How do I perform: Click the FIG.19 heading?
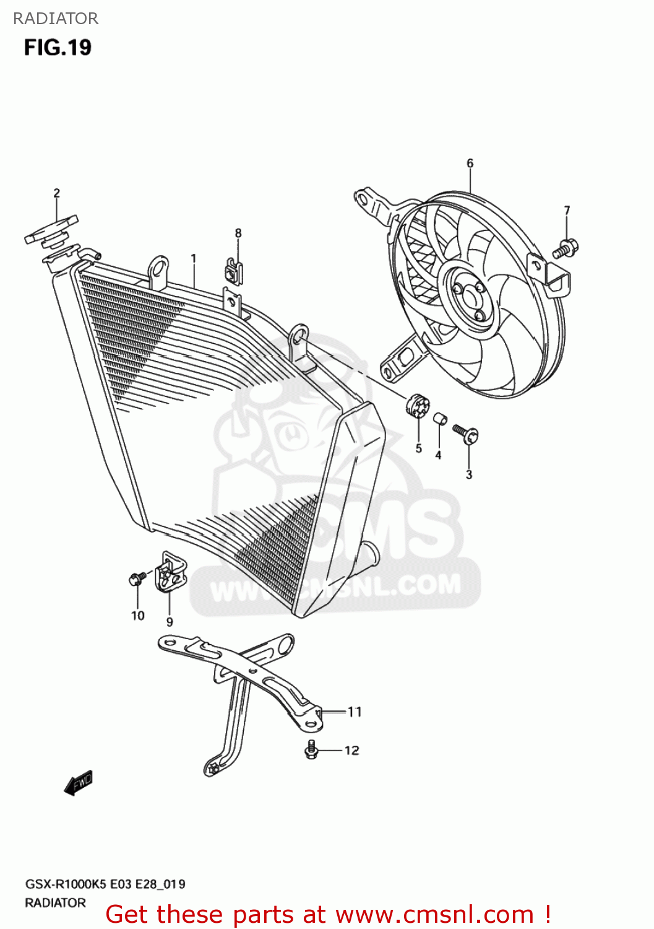[x=58, y=48]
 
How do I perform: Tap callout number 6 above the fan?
[x=470, y=164]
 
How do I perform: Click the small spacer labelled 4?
[x=440, y=419]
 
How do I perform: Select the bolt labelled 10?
[x=137, y=579]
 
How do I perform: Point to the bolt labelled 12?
[x=311, y=750]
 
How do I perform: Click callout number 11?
[x=355, y=712]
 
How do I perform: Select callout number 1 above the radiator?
[x=194, y=258]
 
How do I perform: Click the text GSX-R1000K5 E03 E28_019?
[x=105, y=884]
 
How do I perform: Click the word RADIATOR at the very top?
[x=56, y=19]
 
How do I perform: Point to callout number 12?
[x=351, y=751]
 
